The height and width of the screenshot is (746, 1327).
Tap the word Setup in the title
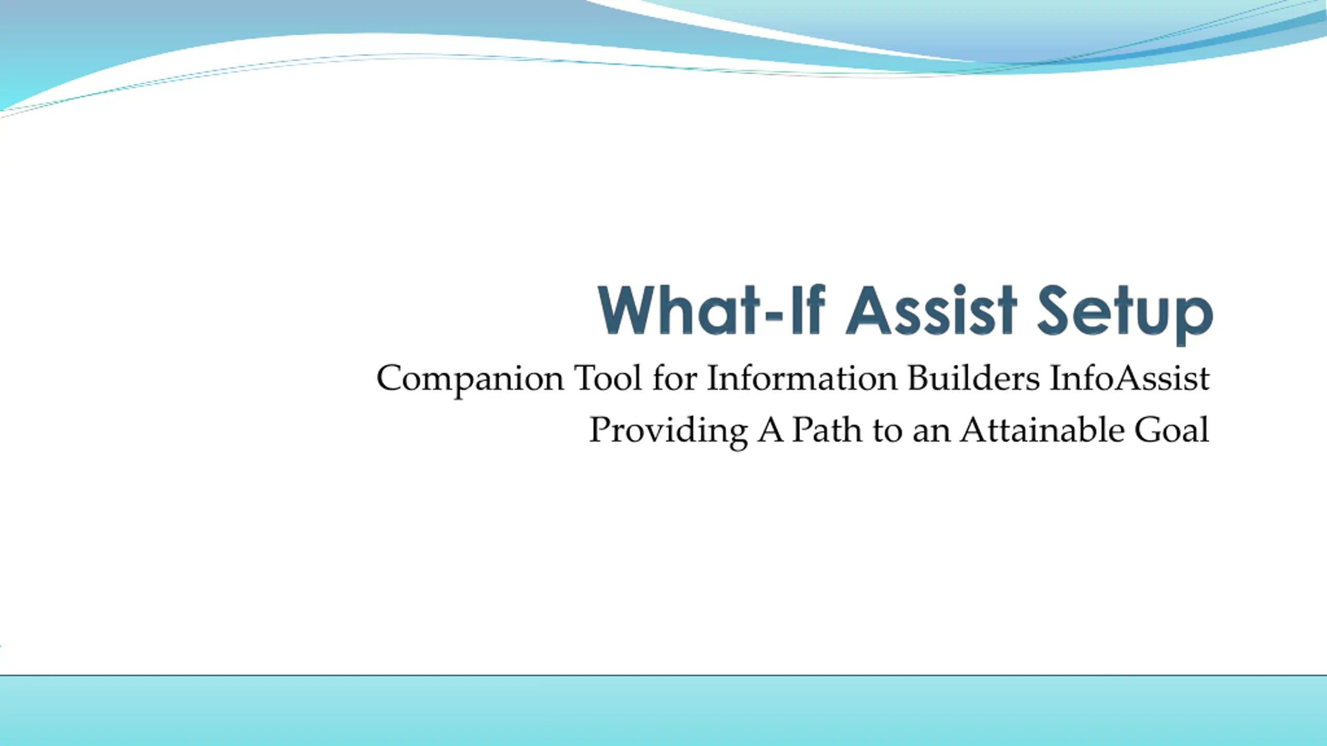[1125, 314]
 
